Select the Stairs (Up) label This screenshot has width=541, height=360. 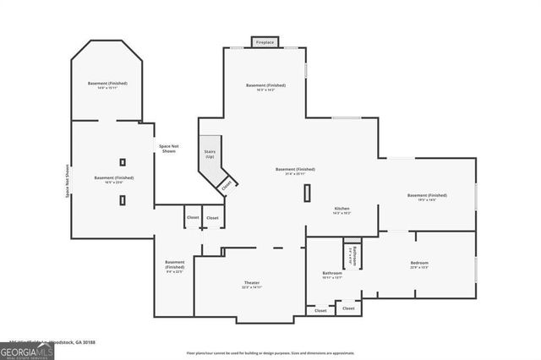click(209, 155)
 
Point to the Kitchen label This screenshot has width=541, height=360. click(342, 210)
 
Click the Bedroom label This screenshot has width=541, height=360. click(419, 265)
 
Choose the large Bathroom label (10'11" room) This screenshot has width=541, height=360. click(331, 275)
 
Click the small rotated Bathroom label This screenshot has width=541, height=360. click(353, 254)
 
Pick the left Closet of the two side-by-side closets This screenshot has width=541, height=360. click(192, 218)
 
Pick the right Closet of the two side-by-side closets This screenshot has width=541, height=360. click(212, 218)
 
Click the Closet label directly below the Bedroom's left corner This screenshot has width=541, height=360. click(348, 308)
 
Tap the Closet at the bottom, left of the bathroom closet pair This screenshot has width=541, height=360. click(320, 311)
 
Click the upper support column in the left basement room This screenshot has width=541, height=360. click(123, 161)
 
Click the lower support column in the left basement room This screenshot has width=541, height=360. click(123, 200)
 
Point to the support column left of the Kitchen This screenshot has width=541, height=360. click(307, 192)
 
